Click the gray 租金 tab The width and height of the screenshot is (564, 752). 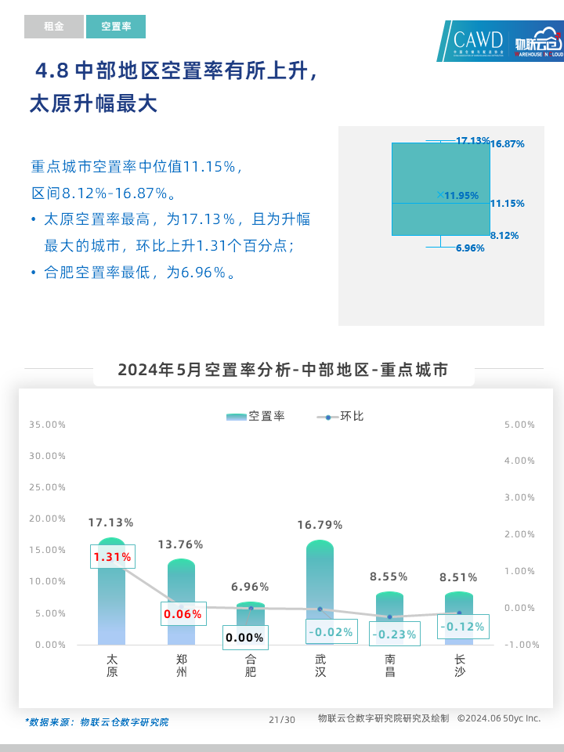pyautogui.click(x=53, y=27)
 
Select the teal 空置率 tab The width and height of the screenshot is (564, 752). pyautogui.click(x=116, y=27)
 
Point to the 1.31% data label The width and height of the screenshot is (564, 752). pyautogui.click(x=113, y=557)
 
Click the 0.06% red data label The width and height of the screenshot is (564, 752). pyautogui.click(x=183, y=614)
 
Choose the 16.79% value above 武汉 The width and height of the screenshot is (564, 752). pyautogui.click(x=320, y=525)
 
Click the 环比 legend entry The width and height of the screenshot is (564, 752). pyautogui.click(x=342, y=416)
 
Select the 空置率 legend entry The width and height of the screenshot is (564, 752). pyautogui.click(x=257, y=416)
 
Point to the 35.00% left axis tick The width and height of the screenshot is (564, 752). pyautogui.click(x=47, y=425)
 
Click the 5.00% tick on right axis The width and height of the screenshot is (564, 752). pyautogui.click(x=520, y=425)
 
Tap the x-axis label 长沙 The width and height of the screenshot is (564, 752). pyautogui.click(x=459, y=666)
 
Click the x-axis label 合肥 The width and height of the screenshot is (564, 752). pyautogui.click(x=251, y=666)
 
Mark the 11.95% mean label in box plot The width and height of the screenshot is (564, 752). pyautogui.click(x=461, y=196)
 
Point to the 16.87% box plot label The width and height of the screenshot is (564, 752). pyautogui.click(x=507, y=144)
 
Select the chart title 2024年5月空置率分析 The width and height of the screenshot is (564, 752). pyautogui.click(x=284, y=370)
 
